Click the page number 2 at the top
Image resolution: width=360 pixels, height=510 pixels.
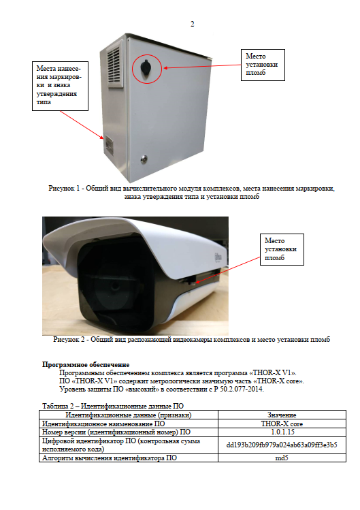[x=192, y=24]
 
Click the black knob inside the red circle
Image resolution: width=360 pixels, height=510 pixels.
[x=146, y=67]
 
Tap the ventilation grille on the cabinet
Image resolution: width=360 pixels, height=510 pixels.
[x=115, y=66]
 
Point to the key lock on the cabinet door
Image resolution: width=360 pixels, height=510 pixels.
[x=144, y=159]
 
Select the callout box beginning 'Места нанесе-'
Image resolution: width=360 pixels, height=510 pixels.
[x=60, y=86]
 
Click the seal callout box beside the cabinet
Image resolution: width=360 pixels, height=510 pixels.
[x=263, y=65]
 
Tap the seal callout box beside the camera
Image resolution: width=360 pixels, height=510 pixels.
[x=282, y=249]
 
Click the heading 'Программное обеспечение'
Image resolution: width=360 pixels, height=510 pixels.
[x=86, y=364]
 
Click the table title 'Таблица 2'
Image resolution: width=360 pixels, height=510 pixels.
[x=58, y=406]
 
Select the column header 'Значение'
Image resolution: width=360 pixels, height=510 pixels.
[x=282, y=415]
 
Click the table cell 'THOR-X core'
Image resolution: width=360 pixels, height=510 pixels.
[x=282, y=424]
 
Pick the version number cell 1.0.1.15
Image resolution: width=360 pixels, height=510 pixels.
[x=282, y=432]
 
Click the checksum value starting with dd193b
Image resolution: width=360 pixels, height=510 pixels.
[x=282, y=445]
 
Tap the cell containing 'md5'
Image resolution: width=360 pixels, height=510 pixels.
[x=282, y=458]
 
